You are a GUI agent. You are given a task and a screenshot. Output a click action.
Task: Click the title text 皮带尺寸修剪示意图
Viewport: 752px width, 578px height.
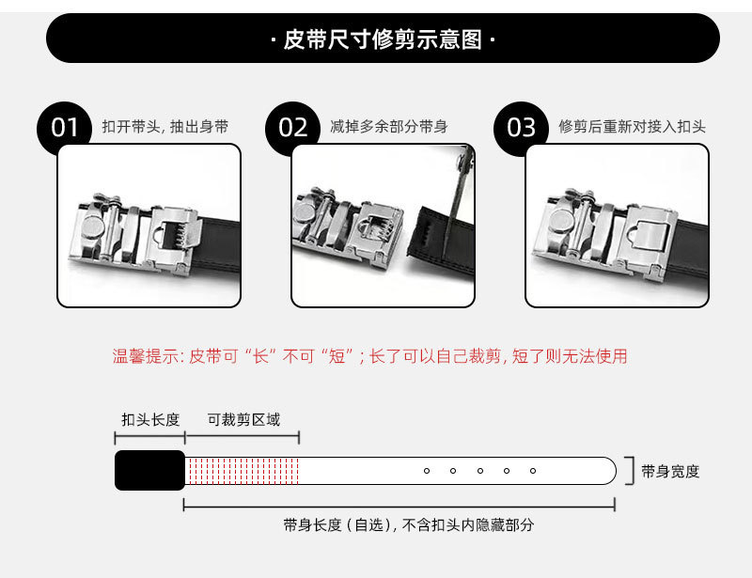click(383, 39)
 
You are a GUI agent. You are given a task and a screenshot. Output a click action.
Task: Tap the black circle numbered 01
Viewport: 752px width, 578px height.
click(63, 128)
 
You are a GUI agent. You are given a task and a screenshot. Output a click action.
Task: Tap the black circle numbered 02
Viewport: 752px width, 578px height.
click(292, 128)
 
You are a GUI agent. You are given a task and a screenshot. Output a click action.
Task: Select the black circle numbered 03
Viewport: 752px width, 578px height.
click(521, 128)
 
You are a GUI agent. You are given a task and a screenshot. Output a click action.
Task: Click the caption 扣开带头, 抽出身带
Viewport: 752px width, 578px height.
click(165, 127)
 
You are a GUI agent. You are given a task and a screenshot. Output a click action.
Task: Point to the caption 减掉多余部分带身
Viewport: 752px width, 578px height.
click(389, 127)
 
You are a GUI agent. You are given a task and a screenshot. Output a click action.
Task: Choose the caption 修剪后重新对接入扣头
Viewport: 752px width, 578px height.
click(632, 127)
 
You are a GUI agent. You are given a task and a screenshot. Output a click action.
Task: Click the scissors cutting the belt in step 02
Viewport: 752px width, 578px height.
click(458, 201)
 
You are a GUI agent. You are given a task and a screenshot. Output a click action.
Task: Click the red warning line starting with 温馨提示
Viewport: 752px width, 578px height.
click(369, 356)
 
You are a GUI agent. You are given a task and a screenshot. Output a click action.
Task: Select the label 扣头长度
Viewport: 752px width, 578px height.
click(150, 420)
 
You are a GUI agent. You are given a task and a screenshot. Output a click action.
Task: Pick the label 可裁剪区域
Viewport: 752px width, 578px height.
click(243, 420)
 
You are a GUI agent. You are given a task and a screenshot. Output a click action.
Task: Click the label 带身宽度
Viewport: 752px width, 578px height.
click(670, 472)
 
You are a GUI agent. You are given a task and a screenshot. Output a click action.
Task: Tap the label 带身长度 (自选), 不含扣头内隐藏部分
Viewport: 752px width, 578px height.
click(408, 524)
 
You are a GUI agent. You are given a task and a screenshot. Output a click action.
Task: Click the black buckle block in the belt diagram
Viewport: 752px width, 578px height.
click(149, 470)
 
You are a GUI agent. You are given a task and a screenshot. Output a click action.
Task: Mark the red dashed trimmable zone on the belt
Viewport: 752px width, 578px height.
click(243, 471)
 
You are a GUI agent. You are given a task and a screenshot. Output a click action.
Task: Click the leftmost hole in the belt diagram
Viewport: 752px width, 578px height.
click(427, 471)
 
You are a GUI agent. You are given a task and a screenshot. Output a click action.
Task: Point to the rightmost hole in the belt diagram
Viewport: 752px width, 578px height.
click(533, 471)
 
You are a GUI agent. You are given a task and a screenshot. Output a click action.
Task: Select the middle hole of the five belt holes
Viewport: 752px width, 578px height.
click(480, 471)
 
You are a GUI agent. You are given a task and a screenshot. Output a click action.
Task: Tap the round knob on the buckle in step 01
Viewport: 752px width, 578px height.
click(92, 227)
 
